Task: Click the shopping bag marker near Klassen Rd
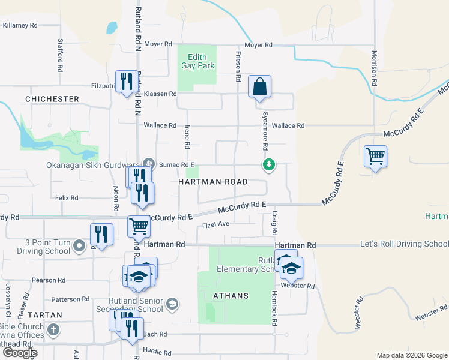click(259, 87)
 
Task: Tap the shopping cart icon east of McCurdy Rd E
click(375, 157)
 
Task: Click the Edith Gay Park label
click(197, 61)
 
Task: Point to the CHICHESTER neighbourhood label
click(52, 98)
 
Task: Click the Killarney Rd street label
click(20, 25)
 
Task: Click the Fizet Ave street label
click(216, 224)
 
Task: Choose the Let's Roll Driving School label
click(404, 244)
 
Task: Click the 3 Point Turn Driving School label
click(47, 247)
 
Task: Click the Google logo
click(19, 353)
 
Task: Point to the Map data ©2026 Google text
click(411, 355)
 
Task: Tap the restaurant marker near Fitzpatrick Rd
click(125, 82)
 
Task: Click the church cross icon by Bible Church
click(53, 330)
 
